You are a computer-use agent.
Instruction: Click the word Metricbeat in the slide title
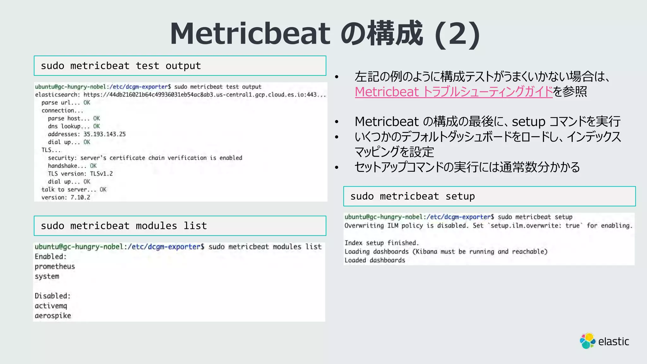[250, 34]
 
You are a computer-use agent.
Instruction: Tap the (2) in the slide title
[457, 34]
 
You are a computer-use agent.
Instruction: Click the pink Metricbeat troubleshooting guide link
[454, 92]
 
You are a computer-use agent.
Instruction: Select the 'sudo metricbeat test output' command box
[180, 66]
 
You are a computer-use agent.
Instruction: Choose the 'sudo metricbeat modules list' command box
[180, 226]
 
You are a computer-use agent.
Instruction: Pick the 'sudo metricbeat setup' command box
[489, 196]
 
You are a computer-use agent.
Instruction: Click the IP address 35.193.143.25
[105, 134]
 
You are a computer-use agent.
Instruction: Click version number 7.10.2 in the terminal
[80, 197]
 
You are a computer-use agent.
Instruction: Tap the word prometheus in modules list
[55, 266]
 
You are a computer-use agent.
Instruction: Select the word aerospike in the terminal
[53, 315]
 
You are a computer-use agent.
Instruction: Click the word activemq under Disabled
[51, 306]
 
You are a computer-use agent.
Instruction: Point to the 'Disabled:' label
[52, 296]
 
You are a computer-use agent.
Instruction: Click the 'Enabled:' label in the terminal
[51, 256]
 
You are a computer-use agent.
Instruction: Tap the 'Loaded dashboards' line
[375, 260]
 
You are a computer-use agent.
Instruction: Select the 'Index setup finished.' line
[381, 243]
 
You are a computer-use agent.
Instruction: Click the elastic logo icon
[587, 341]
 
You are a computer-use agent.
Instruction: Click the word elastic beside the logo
[614, 342]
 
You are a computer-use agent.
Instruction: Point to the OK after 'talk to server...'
[103, 189]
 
